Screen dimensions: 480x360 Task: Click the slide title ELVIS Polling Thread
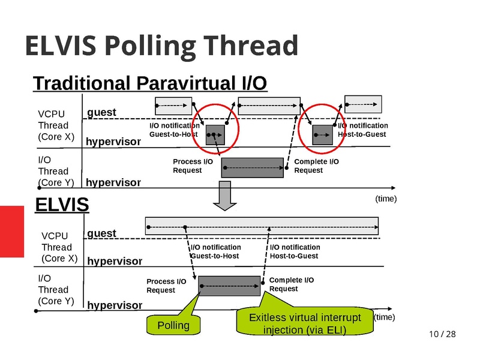click(x=161, y=46)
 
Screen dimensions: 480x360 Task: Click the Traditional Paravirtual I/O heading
click(x=150, y=83)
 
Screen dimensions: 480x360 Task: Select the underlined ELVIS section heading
click(x=62, y=205)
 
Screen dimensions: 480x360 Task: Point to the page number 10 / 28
click(x=442, y=334)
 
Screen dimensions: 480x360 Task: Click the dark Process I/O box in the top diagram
click(x=253, y=167)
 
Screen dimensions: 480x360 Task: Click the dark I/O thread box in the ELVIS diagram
click(x=230, y=285)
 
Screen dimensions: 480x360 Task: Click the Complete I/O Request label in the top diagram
click(x=316, y=166)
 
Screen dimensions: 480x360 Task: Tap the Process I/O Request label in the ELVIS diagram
click(x=166, y=286)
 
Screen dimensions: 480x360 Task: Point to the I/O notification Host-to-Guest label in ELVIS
click(x=295, y=251)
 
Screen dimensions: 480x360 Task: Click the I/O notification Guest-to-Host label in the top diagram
click(x=174, y=130)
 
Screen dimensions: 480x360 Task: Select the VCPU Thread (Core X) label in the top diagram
click(x=56, y=125)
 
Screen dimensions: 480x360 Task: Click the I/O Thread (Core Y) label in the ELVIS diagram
click(x=55, y=289)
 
